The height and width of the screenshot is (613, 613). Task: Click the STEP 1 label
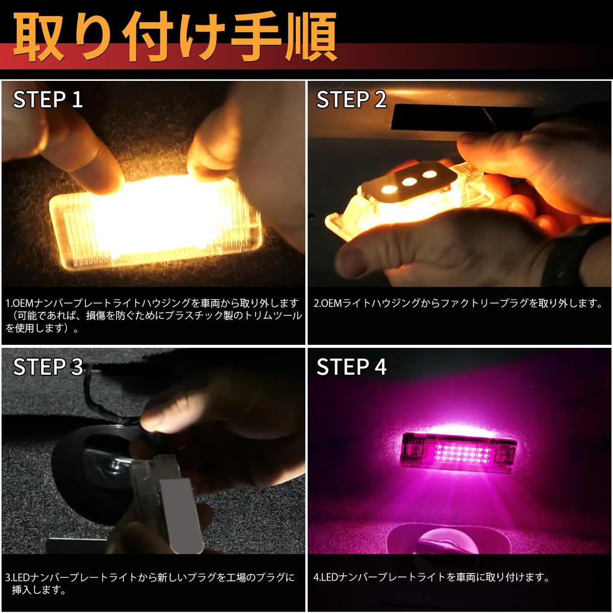click(x=48, y=99)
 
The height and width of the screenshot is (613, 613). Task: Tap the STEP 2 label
click(x=351, y=99)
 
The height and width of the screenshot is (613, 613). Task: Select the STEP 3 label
click(x=48, y=367)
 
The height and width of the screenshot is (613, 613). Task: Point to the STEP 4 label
click(x=351, y=367)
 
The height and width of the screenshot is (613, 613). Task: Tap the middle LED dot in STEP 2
click(x=409, y=182)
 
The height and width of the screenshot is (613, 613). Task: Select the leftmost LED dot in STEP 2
click(x=389, y=190)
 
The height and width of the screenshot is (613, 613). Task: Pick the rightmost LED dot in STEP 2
click(x=430, y=174)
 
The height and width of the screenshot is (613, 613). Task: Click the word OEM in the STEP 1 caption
click(x=23, y=303)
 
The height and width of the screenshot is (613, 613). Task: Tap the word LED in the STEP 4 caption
click(x=329, y=578)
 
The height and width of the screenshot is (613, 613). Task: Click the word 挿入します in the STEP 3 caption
click(x=38, y=590)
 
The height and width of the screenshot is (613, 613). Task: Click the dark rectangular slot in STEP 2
click(x=462, y=117)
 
